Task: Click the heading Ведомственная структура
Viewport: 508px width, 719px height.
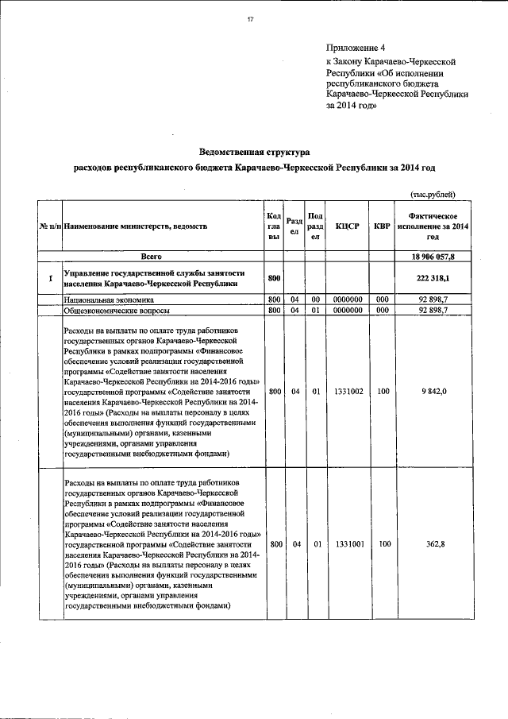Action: (x=253, y=151)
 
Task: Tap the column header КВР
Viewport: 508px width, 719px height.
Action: (x=382, y=226)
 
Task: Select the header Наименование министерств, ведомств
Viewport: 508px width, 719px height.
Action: (x=135, y=226)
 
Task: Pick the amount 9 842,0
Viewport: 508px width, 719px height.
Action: (x=433, y=392)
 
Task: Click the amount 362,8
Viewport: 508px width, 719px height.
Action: (x=433, y=544)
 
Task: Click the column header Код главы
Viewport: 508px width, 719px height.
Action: (x=275, y=226)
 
